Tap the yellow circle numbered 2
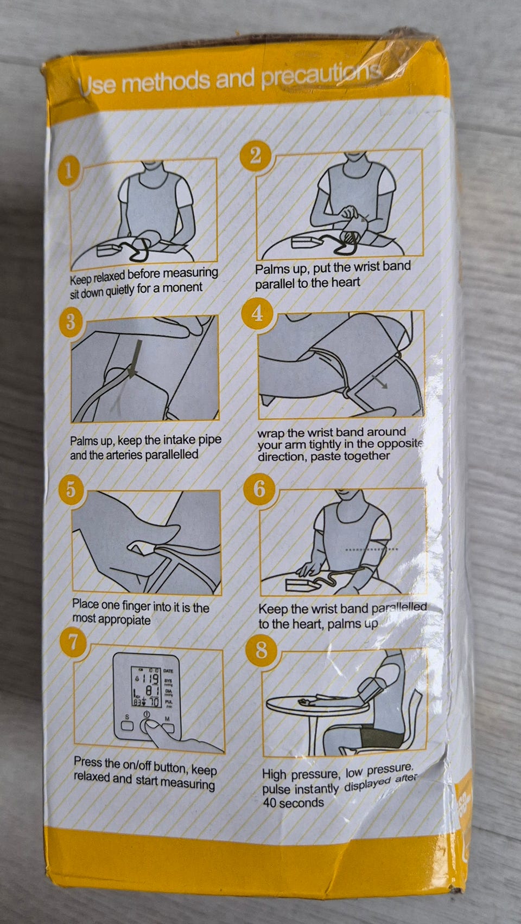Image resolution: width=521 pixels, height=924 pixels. pos(256,157)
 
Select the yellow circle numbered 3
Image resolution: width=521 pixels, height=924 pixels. pos(71,322)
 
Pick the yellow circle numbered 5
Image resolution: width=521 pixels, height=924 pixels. pos(71,490)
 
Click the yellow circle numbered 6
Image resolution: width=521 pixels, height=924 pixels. pos(259,490)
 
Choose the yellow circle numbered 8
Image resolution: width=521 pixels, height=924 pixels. pos(261,651)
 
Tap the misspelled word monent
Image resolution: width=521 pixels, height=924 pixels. pos(182,287)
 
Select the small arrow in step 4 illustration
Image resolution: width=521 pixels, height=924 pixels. pos(380,382)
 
